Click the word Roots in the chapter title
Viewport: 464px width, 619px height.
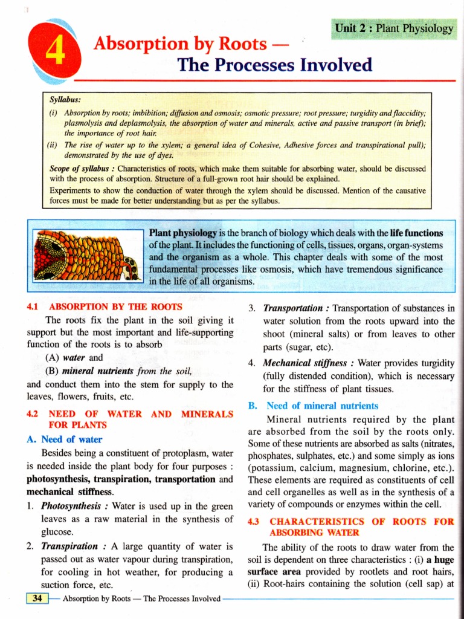237,44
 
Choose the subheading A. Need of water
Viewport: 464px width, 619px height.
65,439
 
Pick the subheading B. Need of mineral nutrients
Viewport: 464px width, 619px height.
314,406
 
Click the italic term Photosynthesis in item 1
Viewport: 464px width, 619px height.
72,505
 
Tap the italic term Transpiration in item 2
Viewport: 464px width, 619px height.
68,546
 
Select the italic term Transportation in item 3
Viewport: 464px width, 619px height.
292,308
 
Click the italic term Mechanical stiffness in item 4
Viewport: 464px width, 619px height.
306,363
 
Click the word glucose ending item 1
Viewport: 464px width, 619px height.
57,532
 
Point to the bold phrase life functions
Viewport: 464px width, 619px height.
416,233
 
